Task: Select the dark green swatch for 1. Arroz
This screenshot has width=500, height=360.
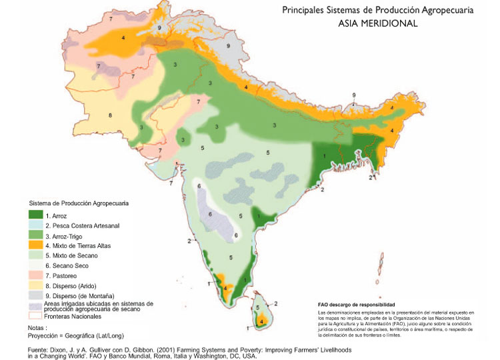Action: [x=35, y=215]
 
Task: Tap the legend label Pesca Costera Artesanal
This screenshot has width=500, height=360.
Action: [x=82, y=226]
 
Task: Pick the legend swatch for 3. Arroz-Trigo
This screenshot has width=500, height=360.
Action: [x=35, y=236]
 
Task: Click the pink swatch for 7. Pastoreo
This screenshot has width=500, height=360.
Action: [x=35, y=275]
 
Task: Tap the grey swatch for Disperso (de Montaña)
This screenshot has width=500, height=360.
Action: [x=35, y=295]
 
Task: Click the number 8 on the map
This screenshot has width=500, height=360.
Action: [x=110, y=115]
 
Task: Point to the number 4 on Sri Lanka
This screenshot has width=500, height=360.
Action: [x=262, y=321]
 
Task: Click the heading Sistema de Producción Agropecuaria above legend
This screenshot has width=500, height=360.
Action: [x=79, y=202]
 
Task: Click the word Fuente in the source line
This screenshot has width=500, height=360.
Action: [x=39, y=349]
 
